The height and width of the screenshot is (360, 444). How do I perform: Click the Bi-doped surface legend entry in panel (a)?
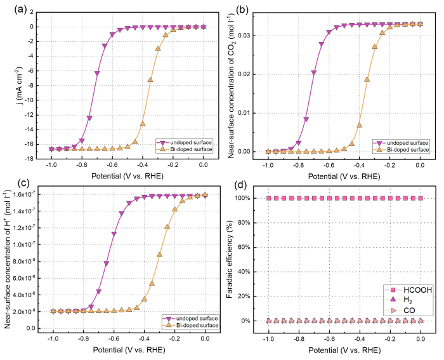point(185,148)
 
